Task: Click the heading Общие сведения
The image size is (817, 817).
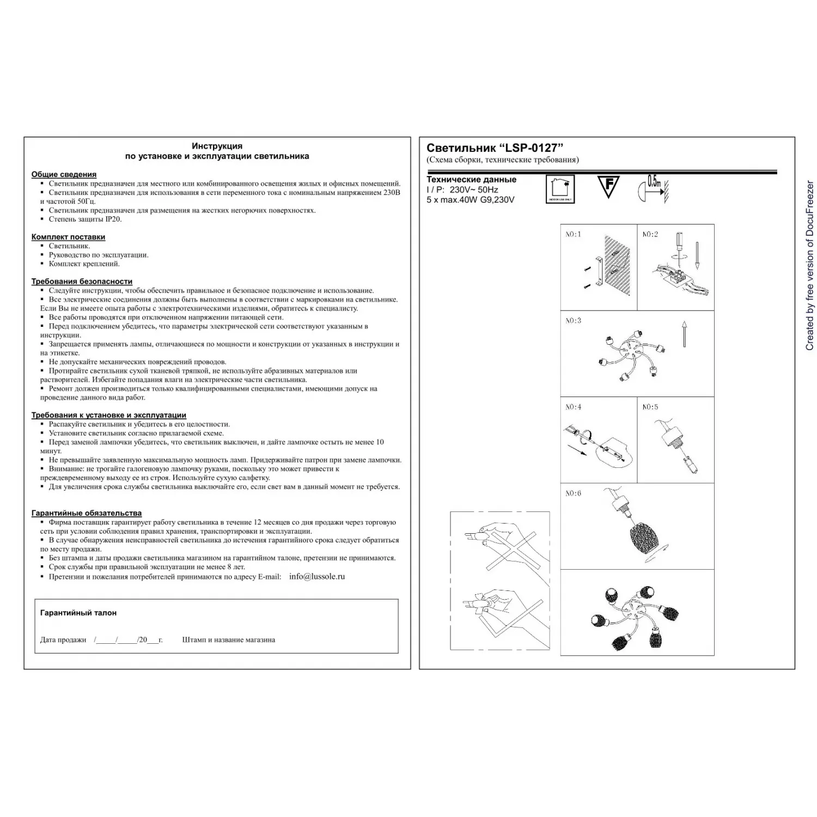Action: pos(64,174)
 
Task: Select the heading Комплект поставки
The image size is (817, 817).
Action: pos(68,237)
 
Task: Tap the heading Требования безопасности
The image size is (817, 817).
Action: pos(82,282)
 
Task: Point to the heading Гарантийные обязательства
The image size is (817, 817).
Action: pos(86,513)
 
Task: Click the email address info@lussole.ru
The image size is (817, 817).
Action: pos(317,576)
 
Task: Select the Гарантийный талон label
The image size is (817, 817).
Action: pos(78,613)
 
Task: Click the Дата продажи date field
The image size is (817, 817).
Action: pos(127,640)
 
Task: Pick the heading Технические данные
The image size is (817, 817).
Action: pos(471,179)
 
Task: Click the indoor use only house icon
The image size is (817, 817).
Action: pos(560,189)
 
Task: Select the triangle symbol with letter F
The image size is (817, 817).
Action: pos(608,187)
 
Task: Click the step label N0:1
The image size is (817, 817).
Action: pos(573,234)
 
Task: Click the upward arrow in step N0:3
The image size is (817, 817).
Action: pos(684,334)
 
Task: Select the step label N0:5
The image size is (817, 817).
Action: pos(650,407)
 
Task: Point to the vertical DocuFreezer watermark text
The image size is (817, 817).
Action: pos(809,265)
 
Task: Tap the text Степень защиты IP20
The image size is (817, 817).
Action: pos(85,219)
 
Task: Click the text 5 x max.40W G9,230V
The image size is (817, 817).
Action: pos(470,199)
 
